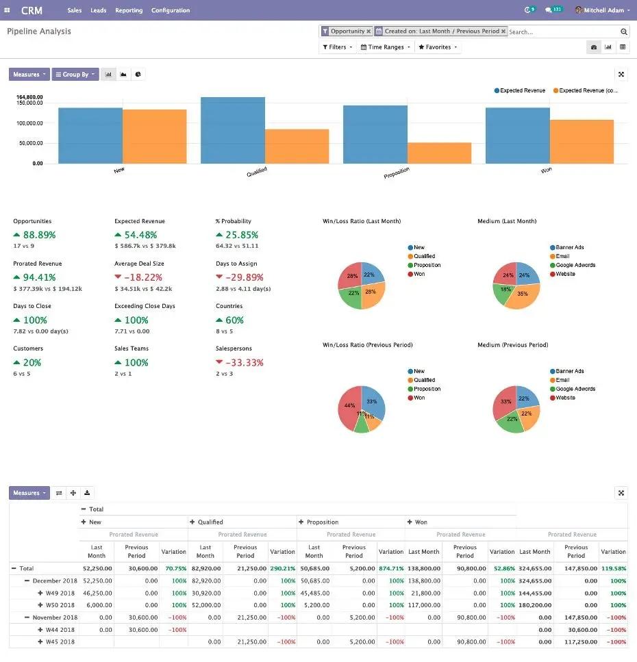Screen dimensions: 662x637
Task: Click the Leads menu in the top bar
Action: point(99,10)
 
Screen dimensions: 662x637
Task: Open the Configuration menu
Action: point(171,10)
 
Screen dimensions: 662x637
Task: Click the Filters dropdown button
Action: point(338,47)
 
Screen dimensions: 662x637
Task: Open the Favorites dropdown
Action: point(438,47)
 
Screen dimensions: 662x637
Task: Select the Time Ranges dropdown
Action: point(386,47)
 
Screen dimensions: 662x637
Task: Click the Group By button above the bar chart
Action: point(75,75)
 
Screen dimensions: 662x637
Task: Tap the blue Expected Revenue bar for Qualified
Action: point(233,130)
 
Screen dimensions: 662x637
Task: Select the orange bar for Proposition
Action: point(439,153)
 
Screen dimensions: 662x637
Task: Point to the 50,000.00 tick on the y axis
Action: point(29,143)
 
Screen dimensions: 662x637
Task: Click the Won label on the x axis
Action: point(546,170)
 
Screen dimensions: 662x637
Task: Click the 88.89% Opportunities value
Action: point(39,235)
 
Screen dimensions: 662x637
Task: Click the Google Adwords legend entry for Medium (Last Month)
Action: point(575,265)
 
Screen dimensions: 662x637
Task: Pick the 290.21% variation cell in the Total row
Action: point(282,568)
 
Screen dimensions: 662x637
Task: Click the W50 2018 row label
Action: point(60,605)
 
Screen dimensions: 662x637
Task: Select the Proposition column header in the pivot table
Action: point(322,522)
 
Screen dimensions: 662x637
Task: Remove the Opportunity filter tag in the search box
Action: point(369,31)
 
